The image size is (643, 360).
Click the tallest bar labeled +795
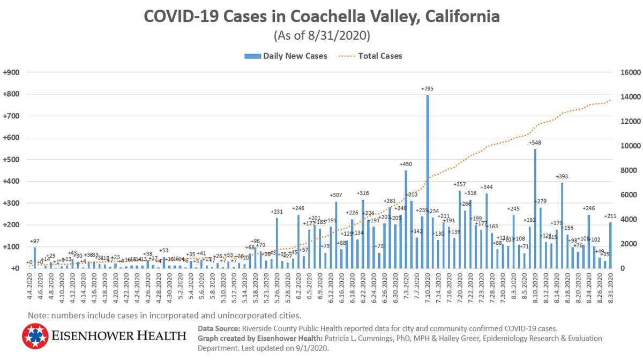point(428,182)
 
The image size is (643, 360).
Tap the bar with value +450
point(406,219)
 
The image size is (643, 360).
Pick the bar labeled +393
point(562,226)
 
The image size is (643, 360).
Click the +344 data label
point(487,187)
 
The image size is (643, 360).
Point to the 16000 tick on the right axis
point(629,72)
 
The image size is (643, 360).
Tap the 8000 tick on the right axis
point(627,170)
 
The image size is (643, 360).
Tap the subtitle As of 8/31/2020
point(322,36)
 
